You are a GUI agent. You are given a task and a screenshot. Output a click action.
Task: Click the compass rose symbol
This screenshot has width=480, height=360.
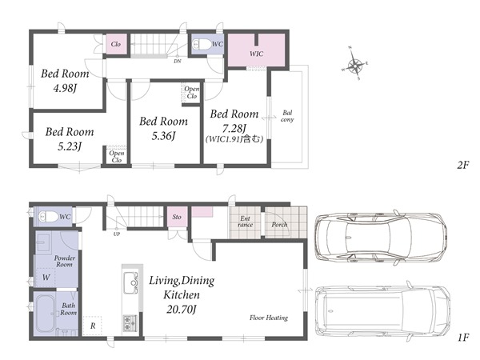pos(354,64)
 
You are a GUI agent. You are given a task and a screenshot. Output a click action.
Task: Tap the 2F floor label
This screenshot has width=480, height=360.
pos(463,166)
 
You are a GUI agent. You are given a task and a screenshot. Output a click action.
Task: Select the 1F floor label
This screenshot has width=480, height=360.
pos(463,338)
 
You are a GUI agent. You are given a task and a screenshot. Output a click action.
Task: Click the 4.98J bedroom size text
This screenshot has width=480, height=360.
pos(65,89)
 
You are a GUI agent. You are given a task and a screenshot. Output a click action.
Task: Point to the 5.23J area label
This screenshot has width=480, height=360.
pos(70,146)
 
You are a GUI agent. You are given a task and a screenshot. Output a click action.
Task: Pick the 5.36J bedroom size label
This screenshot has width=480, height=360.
pos(163,136)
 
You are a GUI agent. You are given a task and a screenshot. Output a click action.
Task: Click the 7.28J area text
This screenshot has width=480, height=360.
pos(234,128)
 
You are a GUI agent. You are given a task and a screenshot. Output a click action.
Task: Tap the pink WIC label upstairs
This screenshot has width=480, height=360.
pos(256,54)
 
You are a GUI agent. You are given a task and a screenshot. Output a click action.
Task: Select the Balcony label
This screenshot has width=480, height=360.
pos(287,116)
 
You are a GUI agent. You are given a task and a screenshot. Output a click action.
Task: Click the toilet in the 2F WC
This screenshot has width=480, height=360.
pos(202,44)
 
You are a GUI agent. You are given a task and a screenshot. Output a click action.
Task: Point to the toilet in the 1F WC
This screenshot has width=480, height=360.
pos(48,217)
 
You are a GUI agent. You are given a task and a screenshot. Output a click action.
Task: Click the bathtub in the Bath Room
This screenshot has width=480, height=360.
pos(46,313)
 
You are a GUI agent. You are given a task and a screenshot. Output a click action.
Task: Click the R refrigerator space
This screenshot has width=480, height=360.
pos(93,326)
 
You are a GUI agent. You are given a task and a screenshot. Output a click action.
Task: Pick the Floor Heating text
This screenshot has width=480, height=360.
pos(269,318)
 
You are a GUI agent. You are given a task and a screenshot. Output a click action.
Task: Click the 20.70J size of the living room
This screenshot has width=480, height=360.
pos(182,310)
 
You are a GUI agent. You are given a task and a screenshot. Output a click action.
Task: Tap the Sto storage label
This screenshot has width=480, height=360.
pos(177,217)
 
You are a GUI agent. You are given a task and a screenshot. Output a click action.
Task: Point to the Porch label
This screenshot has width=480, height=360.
pos(279,225)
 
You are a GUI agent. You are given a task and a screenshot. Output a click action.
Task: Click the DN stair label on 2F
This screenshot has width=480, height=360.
pos(178,62)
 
